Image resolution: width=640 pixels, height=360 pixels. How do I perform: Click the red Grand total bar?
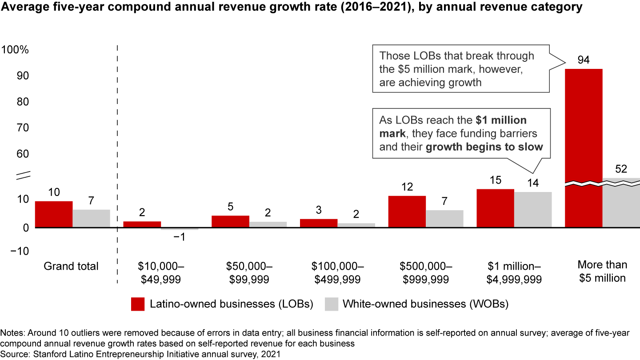(x=54, y=214)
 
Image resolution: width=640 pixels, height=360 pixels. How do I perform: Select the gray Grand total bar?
(x=91, y=218)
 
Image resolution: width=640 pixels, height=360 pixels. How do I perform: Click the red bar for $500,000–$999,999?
(x=407, y=212)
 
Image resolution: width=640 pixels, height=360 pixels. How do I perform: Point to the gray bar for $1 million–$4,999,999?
(x=533, y=209)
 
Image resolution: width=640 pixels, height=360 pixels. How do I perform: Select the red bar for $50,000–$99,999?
(x=230, y=221)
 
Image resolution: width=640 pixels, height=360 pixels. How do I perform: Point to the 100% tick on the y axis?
(x=16, y=50)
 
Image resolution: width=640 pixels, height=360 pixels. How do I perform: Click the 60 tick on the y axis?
(x=21, y=154)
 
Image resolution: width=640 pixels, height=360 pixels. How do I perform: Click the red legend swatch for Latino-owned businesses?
(x=138, y=304)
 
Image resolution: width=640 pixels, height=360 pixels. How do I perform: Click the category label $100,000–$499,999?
(x=337, y=272)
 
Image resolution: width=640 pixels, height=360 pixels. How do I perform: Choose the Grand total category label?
(x=71, y=266)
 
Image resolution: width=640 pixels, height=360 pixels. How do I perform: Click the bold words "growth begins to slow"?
(x=484, y=147)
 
